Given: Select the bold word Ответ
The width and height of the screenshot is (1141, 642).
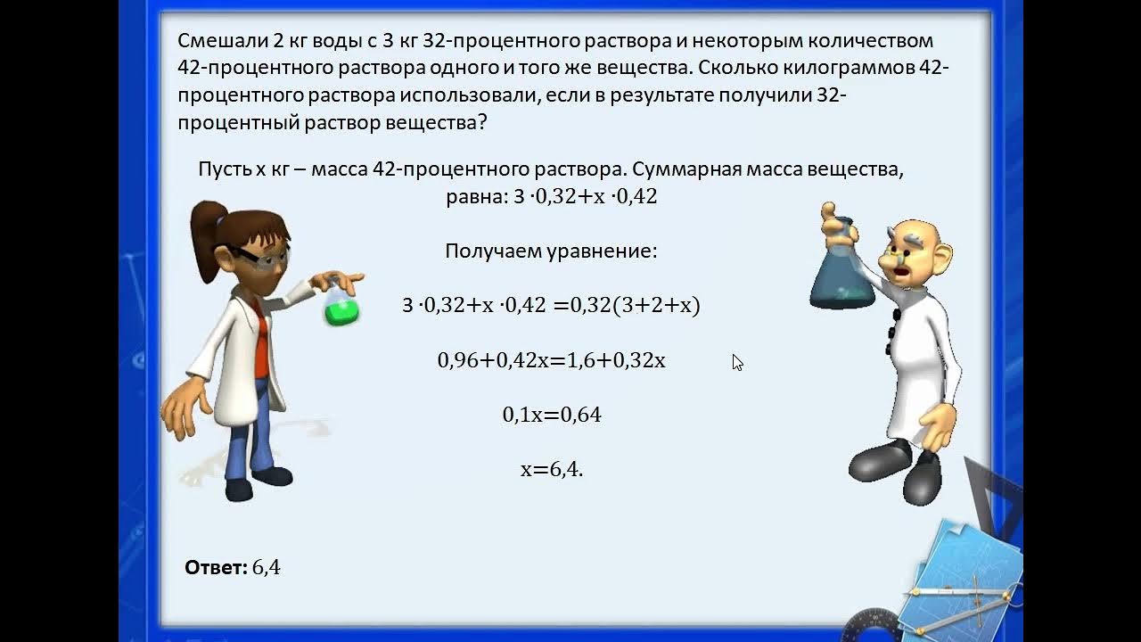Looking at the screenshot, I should point(216,567).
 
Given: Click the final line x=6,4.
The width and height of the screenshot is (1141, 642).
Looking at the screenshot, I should point(552,469).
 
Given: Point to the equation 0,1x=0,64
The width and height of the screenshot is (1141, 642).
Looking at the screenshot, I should point(552,415).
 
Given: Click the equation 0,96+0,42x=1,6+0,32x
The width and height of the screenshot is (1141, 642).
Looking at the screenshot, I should point(552,360).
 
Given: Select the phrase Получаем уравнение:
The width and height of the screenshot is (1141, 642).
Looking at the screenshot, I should point(551,251).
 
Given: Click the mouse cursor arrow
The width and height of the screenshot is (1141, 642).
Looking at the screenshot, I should point(736,361).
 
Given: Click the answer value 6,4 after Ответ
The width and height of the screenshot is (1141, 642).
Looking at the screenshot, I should point(267,567).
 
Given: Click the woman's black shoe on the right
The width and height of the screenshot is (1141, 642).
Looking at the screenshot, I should point(274,475).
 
